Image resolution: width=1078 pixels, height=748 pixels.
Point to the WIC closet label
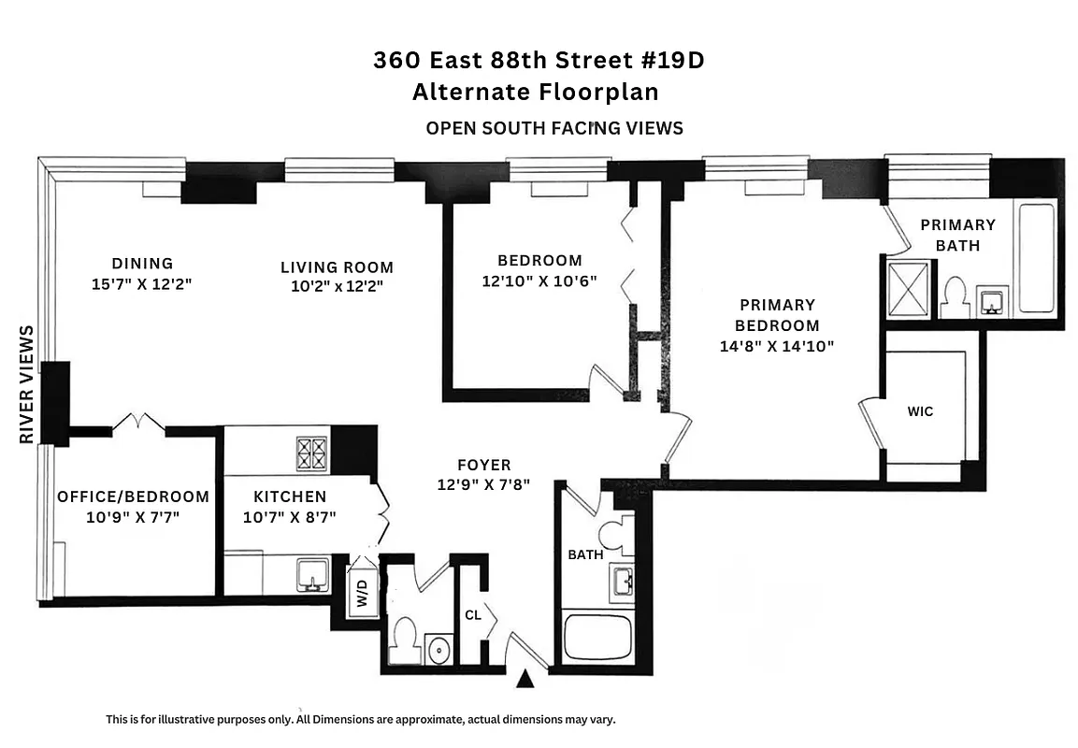point(920,411)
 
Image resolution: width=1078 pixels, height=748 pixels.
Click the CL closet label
point(473,615)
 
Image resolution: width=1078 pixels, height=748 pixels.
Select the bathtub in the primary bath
point(1036,257)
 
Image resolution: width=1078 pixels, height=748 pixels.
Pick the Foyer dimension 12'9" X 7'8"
point(484,484)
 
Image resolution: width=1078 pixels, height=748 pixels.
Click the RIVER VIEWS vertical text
point(26,384)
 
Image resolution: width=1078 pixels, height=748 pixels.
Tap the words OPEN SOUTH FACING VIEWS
point(554,128)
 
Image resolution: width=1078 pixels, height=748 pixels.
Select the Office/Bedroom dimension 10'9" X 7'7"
point(133,516)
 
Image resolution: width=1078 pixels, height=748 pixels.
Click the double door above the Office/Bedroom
point(138,424)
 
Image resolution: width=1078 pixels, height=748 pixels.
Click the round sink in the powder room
point(437,647)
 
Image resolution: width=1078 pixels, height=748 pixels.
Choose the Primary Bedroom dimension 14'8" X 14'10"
point(776,346)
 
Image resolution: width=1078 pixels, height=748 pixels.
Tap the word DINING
point(142,264)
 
